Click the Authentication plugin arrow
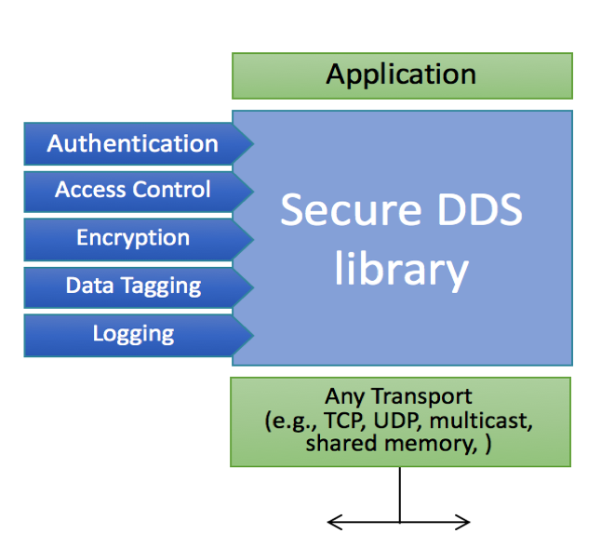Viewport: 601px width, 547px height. (133, 144)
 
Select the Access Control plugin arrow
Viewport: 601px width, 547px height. (133, 191)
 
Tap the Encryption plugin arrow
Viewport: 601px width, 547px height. (133, 238)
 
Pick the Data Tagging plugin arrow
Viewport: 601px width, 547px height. (133, 286)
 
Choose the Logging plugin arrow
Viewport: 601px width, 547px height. (133, 333)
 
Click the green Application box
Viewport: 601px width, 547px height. (401, 75)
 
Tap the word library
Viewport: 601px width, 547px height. (401, 269)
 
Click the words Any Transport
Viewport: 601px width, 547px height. (399, 397)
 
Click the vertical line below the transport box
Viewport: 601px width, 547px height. (400, 493)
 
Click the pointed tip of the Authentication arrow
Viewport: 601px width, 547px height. (251, 144)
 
